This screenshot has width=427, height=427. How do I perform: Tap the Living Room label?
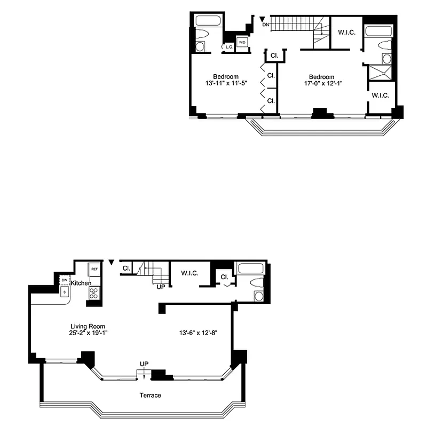point(88,326)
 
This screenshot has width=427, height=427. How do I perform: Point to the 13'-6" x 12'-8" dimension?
point(198,333)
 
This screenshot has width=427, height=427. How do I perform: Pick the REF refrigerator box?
point(94,269)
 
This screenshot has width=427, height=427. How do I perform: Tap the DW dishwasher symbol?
point(64,280)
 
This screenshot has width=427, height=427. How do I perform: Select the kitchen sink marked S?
point(65,292)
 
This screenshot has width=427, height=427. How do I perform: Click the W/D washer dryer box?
point(242,43)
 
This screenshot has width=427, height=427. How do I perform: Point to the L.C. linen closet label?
point(229,48)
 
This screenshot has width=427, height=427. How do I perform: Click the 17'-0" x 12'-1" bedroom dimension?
point(322,83)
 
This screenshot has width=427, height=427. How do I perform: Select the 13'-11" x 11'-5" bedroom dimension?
point(226,83)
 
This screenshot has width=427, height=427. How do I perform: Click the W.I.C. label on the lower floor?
point(189,273)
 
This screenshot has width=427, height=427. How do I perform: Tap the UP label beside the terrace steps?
point(144,364)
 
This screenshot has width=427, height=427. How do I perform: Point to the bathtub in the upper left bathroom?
point(207,22)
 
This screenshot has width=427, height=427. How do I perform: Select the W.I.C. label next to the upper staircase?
point(347,33)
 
